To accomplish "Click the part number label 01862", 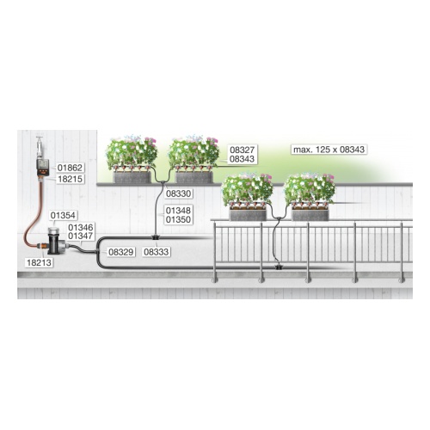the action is tap(70, 168).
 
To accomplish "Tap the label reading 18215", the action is tap(71, 179).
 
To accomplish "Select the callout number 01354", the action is tap(63, 215).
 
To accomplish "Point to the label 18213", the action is tap(39, 262).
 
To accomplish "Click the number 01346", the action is tap(81, 228).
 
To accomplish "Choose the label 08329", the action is tap(121, 252).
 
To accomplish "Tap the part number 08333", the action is tap(157, 252).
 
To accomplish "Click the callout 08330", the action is tap(178, 193).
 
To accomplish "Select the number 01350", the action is tap(178, 220).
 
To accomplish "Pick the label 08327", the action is tap(243, 150).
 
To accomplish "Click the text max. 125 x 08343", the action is tap(329, 150).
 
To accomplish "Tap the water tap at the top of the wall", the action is tap(40, 147).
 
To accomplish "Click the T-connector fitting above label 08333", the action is tap(156, 237).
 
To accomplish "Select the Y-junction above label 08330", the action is tap(163, 181).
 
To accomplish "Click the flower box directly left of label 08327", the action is tap(194, 177).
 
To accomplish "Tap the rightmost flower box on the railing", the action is tap(310, 215).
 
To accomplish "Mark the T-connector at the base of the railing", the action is tap(278, 267).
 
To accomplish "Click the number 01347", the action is tap(81, 236).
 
